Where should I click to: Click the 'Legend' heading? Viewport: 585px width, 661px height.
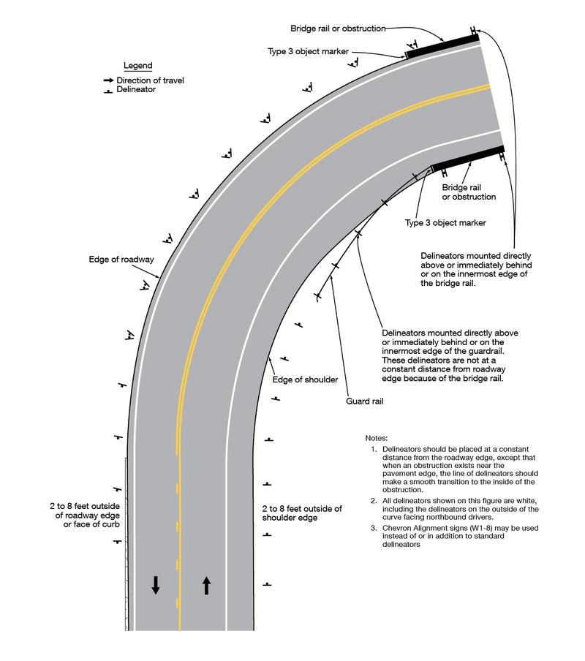tap(137, 66)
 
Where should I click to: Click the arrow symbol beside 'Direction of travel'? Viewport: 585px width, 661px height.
tap(108, 80)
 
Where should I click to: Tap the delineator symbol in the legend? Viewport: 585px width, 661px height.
tap(108, 91)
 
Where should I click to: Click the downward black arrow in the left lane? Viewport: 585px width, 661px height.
tap(156, 584)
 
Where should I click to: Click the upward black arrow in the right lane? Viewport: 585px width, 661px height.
tap(206, 584)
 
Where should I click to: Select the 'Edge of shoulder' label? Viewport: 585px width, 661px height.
tap(305, 379)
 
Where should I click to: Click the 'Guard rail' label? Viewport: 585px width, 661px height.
tap(365, 401)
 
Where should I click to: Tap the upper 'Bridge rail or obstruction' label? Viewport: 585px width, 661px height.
tap(337, 29)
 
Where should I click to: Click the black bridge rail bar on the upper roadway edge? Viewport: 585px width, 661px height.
tap(442, 45)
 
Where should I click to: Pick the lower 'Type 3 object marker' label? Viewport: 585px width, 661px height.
tap(445, 222)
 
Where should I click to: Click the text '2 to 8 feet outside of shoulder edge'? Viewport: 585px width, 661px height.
tap(302, 513)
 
